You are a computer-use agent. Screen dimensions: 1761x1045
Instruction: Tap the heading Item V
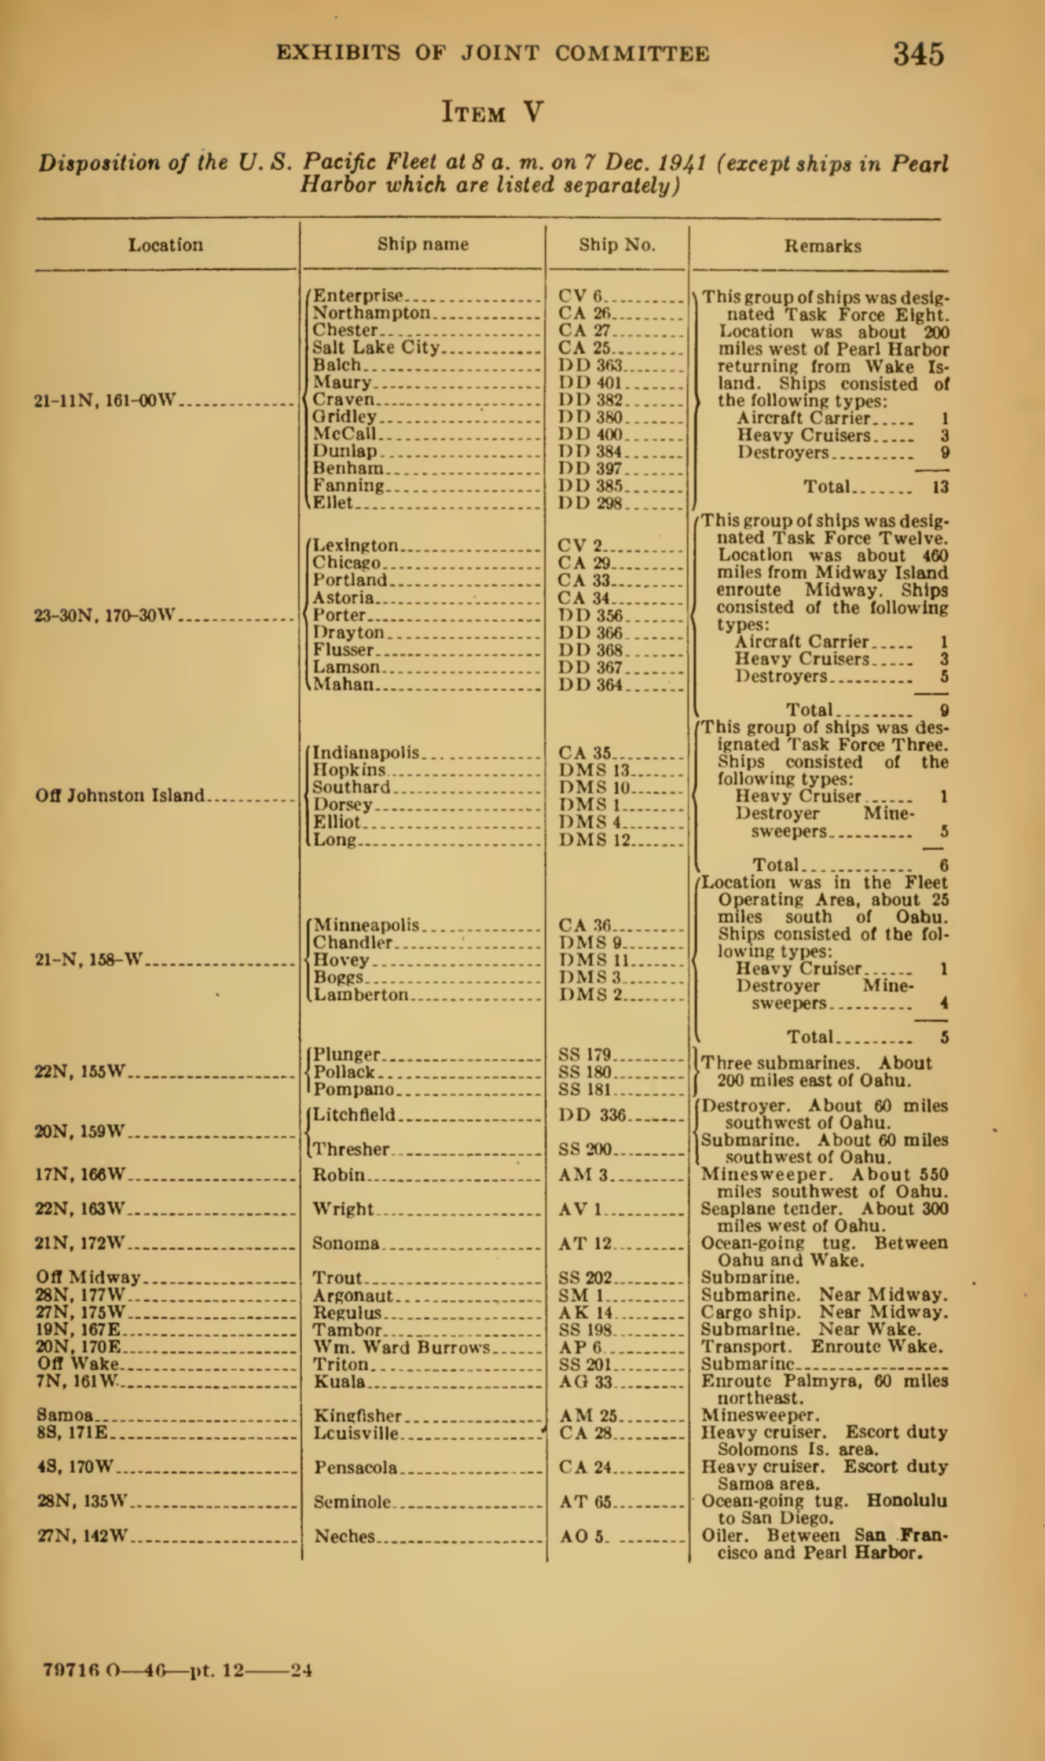(x=492, y=112)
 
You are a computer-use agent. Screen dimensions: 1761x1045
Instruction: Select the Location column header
(x=166, y=245)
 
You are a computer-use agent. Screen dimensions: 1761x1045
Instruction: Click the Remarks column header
(x=823, y=247)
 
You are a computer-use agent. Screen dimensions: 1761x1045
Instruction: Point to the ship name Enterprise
(x=358, y=296)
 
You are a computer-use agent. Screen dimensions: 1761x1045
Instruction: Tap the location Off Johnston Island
(x=120, y=795)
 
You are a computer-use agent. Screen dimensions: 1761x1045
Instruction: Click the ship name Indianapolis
(x=366, y=753)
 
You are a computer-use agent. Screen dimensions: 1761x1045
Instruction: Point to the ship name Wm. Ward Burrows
(x=401, y=1348)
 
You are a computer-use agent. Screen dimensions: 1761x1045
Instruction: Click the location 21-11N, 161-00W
(x=104, y=401)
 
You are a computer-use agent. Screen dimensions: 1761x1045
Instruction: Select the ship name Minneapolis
(x=366, y=924)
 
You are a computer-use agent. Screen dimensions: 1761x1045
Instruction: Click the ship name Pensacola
(x=355, y=1468)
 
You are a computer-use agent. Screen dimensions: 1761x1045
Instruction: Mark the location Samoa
(x=65, y=1415)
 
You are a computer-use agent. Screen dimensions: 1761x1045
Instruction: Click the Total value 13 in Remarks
(x=940, y=486)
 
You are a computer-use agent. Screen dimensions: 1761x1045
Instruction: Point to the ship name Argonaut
(x=353, y=1296)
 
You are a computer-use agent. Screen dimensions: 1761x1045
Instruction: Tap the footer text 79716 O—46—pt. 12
(x=144, y=1670)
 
